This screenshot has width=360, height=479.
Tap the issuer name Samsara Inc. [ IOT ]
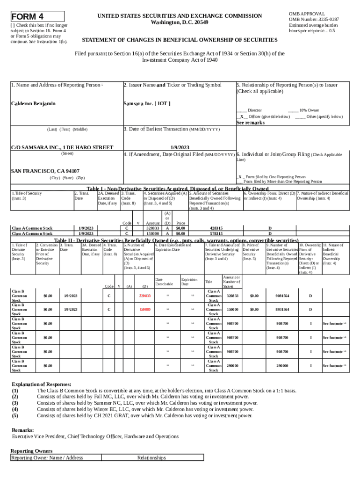[146, 103]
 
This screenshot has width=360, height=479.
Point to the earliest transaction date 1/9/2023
[178, 147]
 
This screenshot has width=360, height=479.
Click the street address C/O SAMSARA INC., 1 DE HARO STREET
[62, 147]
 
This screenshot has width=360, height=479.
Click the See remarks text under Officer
[251, 123]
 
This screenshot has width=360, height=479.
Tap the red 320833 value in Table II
[145, 296]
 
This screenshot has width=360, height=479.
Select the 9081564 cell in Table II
[282, 296]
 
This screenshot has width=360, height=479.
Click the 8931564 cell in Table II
[282, 310]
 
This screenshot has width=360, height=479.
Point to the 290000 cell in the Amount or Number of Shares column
[232, 365]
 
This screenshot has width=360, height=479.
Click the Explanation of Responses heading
[42, 384]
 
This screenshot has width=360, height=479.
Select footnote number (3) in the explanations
[15, 403]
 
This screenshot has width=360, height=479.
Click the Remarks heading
[22, 430]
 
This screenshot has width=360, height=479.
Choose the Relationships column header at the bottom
[151, 458]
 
